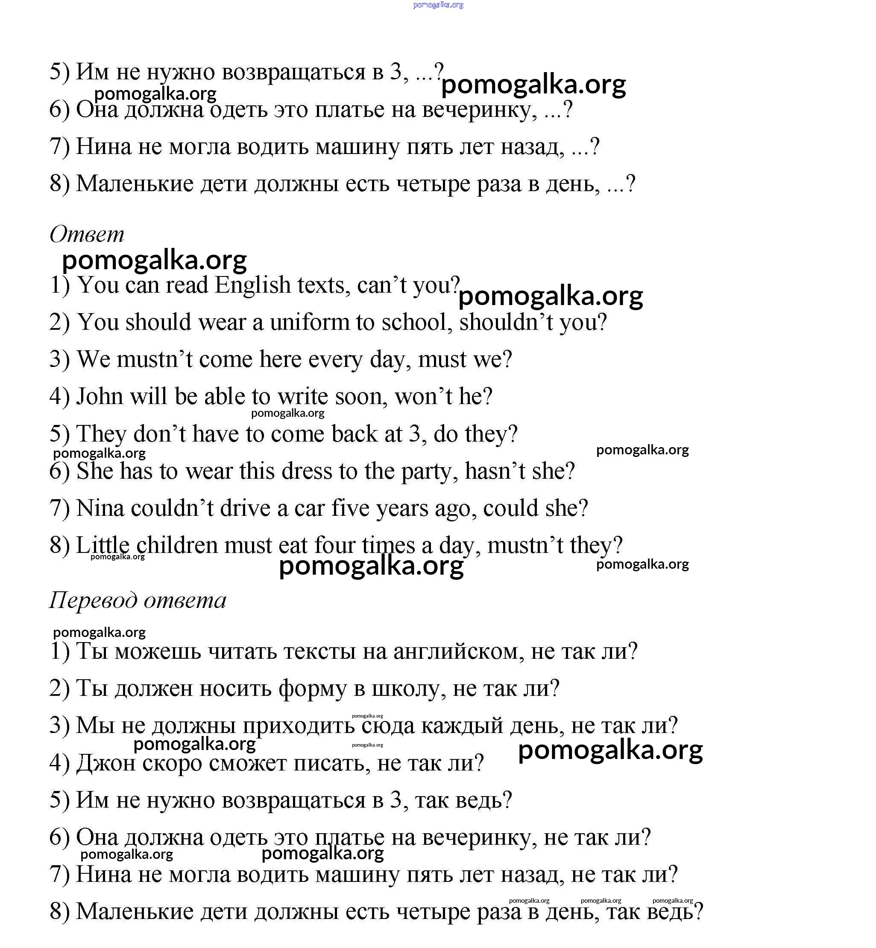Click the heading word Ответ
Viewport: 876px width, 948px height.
pos(87,234)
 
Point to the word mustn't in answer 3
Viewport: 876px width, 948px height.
pos(155,359)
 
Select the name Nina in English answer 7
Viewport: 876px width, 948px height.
pos(100,508)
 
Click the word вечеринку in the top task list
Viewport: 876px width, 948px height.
pos(479,110)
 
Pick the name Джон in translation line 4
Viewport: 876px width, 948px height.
pos(105,763)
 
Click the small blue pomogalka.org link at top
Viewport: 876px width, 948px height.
pos(438,5)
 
